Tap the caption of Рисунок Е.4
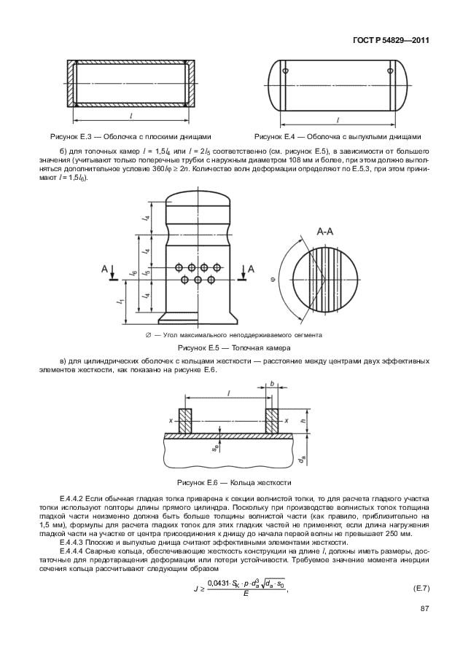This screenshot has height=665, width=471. click(x=338, y=136)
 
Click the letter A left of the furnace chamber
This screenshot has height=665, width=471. click(x=106, y=269)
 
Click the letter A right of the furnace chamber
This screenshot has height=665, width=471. click(x=252, y=269)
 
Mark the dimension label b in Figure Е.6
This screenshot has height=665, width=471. click(x=272, y=383)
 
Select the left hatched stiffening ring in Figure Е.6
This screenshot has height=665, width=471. click(x=184, y=422)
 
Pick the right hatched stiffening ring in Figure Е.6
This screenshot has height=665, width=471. click(x=272, y=422)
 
